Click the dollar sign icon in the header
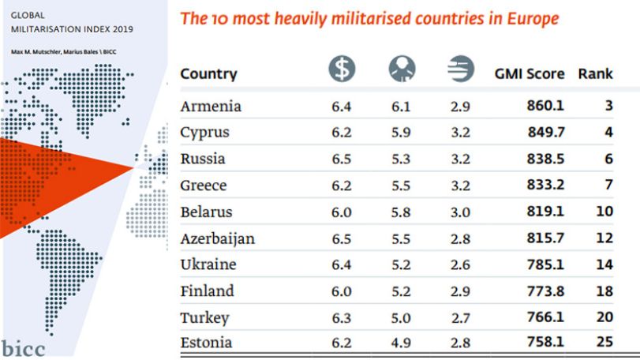point(342,69)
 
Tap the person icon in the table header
point(402,69)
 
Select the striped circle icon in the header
point(461,69)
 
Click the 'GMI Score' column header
point(530,74)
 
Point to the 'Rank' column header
point(596,74)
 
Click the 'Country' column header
point(208,74)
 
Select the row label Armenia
point(211,106)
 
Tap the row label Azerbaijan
point(218,238)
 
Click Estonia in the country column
point(206,343)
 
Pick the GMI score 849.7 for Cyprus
point(546,132)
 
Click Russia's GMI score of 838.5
point(545,159)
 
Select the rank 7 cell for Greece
point(608,185)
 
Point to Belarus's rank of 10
point(604,212)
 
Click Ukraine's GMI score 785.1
point(545,264)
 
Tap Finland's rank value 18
point(604,291)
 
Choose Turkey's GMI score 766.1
point(545,317)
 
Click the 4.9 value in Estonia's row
point(401,343)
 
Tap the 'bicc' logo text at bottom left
point(23,349)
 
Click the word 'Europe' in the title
point(533,19)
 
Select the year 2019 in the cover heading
point(123,29)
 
